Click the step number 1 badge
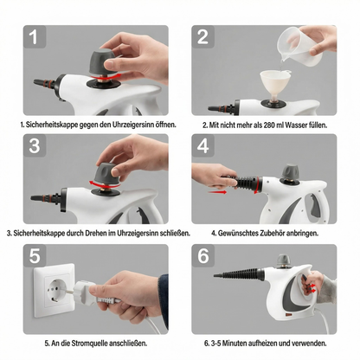(x=33, y=38)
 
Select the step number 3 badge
(x=33, y=147)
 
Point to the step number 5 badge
(x=33, y=256)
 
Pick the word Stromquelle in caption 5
(x=94, y=343)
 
